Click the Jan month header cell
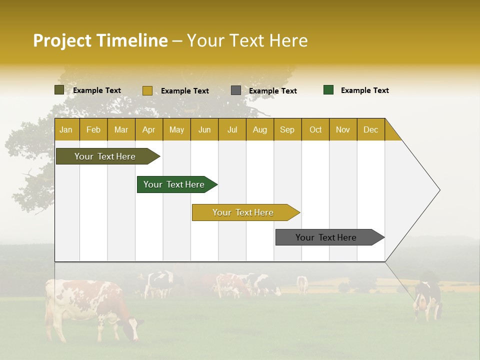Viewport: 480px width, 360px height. click(66, 129)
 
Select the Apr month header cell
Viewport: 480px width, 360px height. click(149, 129)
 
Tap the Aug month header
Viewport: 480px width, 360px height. click(259, 129)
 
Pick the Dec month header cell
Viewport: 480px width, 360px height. click(370, 129)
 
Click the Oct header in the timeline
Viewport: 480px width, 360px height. click(315, 129)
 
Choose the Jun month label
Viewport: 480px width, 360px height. click(204, 129)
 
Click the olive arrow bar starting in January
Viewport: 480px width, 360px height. click(105, 156)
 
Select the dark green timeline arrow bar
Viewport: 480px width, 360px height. click(174, 184)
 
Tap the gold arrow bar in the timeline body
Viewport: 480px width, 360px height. click(243, 212)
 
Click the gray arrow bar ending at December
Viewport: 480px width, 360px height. click(326, 237)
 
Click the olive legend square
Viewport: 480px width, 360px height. click(59, 90)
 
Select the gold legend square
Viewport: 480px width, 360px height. click(147, 90)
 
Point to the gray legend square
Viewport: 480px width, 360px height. click(236, 90)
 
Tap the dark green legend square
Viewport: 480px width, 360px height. click(328, 90)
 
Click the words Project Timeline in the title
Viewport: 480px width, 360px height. click(100, 40)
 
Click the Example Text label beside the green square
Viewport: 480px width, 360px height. click(364, 90)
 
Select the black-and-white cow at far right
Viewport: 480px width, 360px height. click(427, 297)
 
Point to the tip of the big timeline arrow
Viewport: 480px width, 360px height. click(438, 190)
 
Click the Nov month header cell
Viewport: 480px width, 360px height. click(342, 129)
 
